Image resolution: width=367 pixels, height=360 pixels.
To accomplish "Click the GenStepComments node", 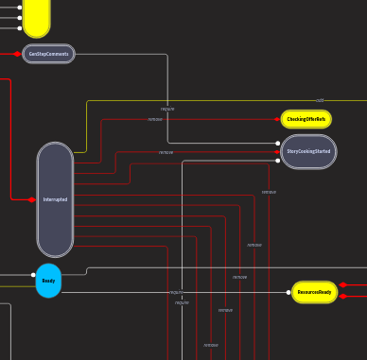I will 48,54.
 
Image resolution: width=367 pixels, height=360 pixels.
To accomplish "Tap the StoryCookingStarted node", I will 308,151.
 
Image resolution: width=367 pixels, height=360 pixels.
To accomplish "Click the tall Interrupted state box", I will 55,199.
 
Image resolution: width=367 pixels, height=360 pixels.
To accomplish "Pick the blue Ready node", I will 48,281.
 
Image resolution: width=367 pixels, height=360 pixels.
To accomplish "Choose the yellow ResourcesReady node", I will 314,293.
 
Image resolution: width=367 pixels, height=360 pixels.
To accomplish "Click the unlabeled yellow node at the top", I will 36,16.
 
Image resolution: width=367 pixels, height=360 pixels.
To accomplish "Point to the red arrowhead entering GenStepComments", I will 18,54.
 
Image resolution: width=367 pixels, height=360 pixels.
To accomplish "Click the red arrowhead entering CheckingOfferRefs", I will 277,119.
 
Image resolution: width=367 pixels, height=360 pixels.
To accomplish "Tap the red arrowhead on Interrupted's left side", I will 32,199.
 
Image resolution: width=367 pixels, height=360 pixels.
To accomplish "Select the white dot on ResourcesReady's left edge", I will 288,293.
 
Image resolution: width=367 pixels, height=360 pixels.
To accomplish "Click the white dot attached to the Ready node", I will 33,275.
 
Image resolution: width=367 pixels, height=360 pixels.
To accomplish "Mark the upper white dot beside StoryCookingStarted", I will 277,144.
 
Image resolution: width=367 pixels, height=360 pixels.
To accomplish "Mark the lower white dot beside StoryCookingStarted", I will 277,160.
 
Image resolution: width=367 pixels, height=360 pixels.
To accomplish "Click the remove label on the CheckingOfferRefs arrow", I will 155,119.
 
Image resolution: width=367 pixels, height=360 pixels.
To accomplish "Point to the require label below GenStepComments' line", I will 167,109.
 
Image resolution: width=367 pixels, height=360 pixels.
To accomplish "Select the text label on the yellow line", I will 320,100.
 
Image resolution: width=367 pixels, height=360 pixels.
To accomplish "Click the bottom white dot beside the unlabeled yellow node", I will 20,28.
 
